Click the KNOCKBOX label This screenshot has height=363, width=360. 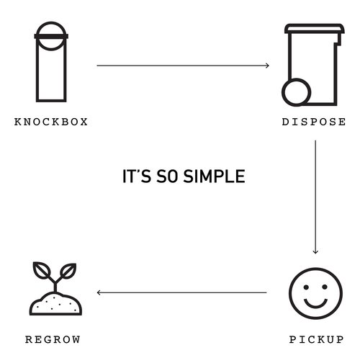(51, 122)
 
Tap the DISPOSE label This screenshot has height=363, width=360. (314, 122)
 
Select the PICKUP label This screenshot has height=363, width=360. (316, 339)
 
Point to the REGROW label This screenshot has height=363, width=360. (53, 339)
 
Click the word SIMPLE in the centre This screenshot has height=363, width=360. (214, 176)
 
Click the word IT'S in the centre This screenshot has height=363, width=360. (137, 176)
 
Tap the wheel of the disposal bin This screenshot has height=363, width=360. (297, 92)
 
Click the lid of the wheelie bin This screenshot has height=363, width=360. (315, 29)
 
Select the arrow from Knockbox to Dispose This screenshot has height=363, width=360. (183, 66)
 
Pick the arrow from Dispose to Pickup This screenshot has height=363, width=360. (315, 197)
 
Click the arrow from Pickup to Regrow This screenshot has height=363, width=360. (181, 292)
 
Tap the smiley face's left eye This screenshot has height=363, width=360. (306, 287)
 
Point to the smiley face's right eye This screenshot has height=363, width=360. (325, 287)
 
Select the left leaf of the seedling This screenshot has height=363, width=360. (42, 271)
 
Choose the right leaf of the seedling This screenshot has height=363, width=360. (68, 271)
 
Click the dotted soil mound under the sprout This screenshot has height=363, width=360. (55, 304)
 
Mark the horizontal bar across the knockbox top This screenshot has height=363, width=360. (51, 36)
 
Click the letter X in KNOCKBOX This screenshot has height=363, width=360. (84, 122)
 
